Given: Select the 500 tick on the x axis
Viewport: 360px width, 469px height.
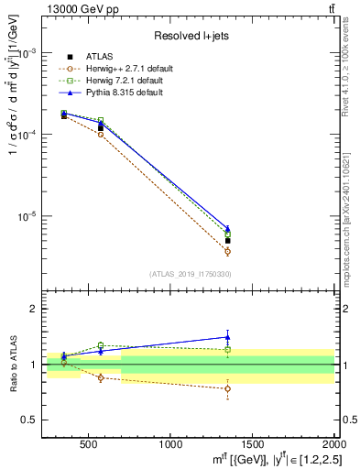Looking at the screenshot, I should (89, 445).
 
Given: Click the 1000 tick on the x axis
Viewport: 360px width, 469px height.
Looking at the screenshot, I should (171, 445).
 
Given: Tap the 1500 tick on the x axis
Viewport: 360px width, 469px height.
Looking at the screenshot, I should (253, 445).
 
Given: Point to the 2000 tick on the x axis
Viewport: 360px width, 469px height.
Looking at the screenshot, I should (333, 445).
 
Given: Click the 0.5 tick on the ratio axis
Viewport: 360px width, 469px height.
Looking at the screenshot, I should (35, 420).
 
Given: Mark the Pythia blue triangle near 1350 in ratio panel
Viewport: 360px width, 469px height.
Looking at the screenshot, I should (227, 337).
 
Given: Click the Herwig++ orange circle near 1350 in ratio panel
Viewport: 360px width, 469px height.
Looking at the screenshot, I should (227, 388).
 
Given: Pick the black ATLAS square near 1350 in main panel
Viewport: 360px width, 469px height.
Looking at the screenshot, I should (227, 241).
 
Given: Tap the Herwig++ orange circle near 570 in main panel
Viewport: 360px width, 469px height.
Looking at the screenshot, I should (101, 134).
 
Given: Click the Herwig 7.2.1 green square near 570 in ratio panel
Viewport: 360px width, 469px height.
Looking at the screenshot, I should (101, 345).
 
